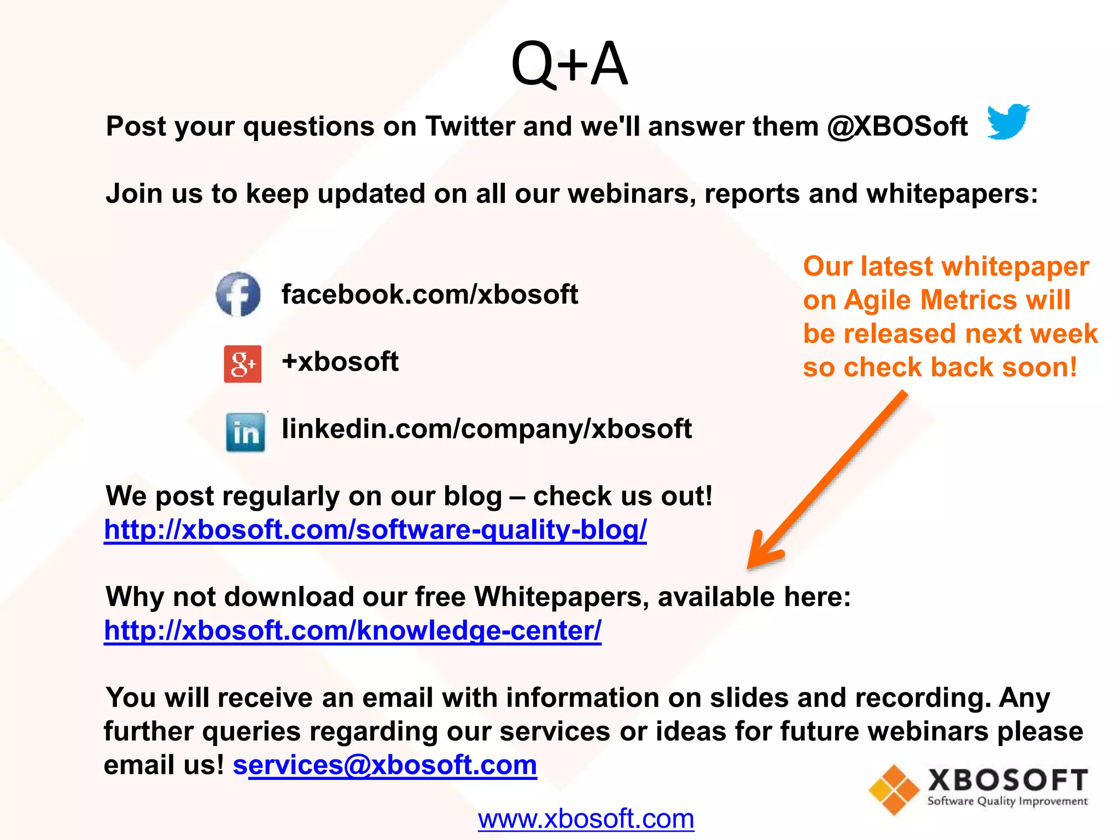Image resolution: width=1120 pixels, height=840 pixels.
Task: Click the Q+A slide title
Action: [x=569, y=64]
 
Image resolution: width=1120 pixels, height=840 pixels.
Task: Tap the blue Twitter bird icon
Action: [x=1008, y=121]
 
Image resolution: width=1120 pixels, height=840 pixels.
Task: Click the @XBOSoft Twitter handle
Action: [x=897, y=126]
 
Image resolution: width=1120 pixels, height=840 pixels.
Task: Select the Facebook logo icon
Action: [x=238, y=294]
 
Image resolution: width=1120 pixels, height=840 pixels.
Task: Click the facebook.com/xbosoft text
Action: [x=429, y=294]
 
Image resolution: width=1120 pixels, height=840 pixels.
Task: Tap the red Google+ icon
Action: [x=242, y=364]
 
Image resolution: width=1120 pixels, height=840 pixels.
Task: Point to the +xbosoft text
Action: [x=340, y=361]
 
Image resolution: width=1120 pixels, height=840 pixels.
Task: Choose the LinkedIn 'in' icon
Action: [x=246, y=432]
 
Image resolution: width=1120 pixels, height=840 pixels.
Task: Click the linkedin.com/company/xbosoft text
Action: [x=486, y=429]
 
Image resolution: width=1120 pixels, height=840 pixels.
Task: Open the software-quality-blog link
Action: [x=375, y=529]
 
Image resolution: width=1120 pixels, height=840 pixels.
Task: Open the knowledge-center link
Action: [x=353, y=630]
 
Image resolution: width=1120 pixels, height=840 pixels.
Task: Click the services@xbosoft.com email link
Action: [x=385, y=765]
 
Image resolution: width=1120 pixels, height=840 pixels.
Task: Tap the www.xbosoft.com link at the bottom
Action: [x=586, y=819]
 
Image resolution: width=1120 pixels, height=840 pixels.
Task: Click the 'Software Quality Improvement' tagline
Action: [x=1007, y=801]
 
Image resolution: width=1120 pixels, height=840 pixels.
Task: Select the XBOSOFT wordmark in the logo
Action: [x=1007, y=780]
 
